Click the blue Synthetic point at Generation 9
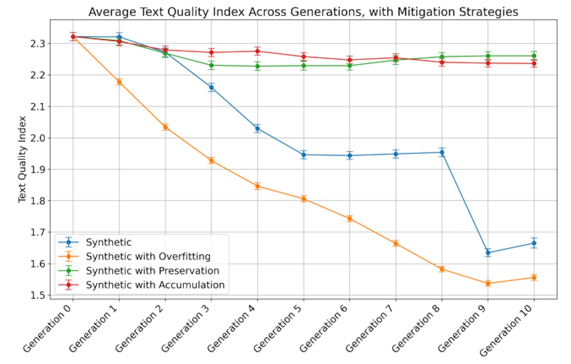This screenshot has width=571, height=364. [x=488, y=253]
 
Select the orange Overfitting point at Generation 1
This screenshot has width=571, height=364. [x=119, y=82]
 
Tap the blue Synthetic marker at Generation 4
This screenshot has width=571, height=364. [x=258, y=128]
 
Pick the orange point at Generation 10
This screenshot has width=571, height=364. [x=534, y=277]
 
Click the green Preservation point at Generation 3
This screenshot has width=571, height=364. [x=211, y=65]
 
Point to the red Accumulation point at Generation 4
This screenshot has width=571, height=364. [x=258, y=51]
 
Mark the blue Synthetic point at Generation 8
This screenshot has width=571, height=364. [x=442, y=152]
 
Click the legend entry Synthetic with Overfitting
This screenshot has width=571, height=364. [x=148, y=256]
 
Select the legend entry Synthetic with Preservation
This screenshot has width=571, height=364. [x=153, y=271]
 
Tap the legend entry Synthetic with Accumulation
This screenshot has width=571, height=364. [x=155, y=285]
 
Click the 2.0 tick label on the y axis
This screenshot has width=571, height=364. [x=37, y=138]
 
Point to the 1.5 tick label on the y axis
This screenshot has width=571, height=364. [x=37, y=295]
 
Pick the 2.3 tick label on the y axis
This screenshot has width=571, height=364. [x=37, y=44]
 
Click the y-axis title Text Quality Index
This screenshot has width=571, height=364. [x=22, y=159]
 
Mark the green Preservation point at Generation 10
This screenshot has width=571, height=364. [x=534, y=56]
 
